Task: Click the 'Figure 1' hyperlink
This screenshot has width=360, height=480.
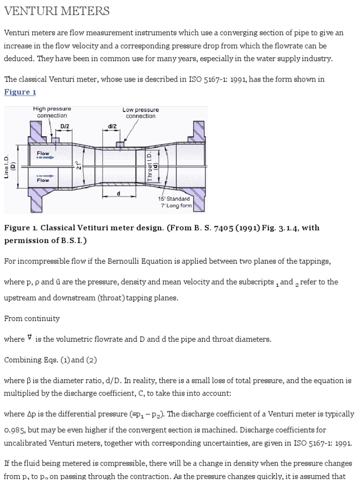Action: point(20,92)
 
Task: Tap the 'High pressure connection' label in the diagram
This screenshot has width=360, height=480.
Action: point(52,112)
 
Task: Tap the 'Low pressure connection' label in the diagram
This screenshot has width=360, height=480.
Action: point(141,113)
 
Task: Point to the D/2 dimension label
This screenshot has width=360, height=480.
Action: point(65,127)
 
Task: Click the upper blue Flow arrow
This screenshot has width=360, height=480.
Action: point(45,158)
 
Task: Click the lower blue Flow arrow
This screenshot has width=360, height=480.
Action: point(45,177)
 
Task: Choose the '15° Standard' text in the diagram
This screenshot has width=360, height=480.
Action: point(174,199)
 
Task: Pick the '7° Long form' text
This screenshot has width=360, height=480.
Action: point(176,205)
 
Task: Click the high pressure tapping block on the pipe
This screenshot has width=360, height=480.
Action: point(56,139)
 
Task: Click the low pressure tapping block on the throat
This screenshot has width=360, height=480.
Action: point(120,143)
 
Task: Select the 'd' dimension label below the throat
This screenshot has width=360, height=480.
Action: point(118,194)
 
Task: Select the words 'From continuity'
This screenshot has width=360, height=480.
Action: point(32,318)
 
